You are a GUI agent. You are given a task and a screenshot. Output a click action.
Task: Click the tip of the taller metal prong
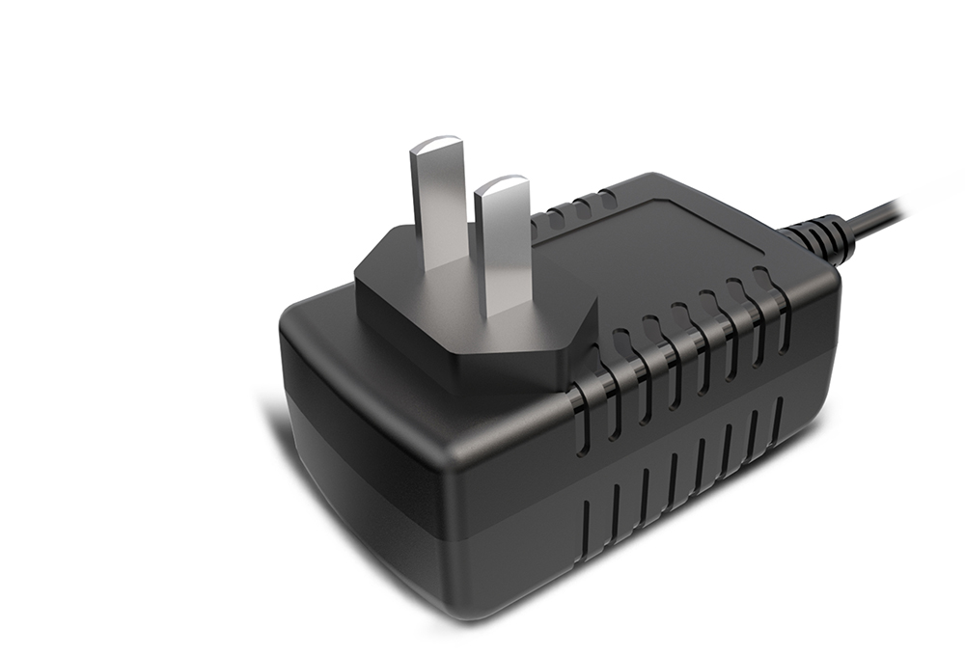[x=436, y=146]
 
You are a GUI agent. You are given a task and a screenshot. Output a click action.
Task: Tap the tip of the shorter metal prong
[x=502, y=184]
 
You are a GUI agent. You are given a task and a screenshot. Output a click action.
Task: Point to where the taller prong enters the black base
[x=440, y=261]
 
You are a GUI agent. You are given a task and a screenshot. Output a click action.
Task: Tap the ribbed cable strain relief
[x=820, y=236]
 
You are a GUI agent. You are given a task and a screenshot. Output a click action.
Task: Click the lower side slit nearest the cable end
[x=777, y=421]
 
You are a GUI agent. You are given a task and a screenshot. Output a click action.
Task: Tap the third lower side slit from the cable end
[x=727, y=450]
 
